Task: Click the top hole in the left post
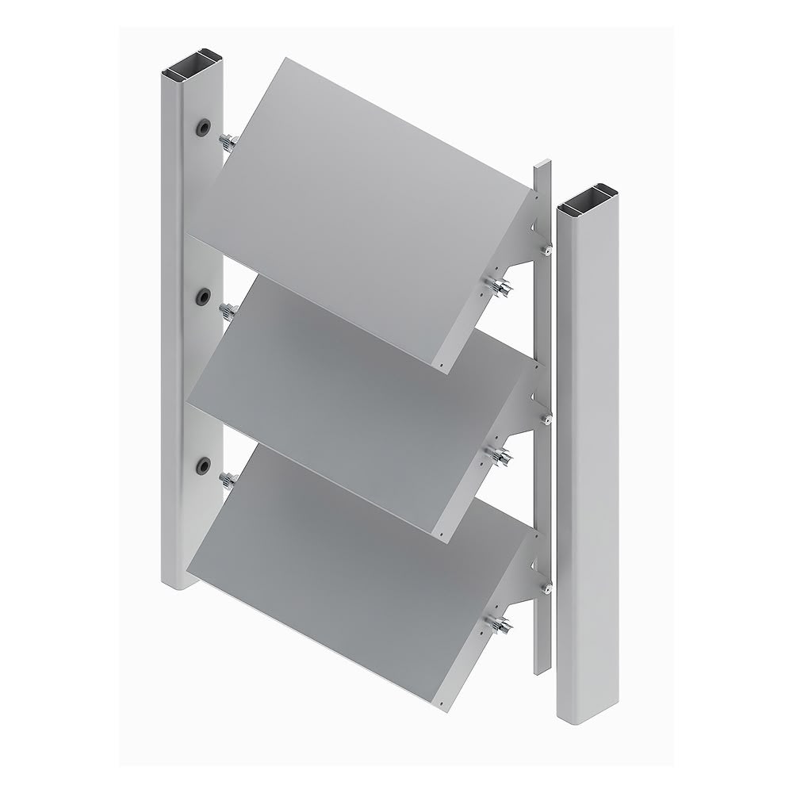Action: point(204,127)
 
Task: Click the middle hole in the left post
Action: point(204,297)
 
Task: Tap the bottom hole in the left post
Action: point(204,465)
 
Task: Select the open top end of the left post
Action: point(192,67)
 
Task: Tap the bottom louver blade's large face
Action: point(349,571)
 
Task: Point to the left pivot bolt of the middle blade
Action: point(229,311)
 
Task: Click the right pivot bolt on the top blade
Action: point(500,287)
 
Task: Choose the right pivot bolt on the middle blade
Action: point(500,456)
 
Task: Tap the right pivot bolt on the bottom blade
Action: point(500,626)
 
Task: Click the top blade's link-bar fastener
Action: point(546,251)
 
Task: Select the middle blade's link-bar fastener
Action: point(546,419)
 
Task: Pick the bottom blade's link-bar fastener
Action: point(546,588)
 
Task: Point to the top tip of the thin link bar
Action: point(542,164)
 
